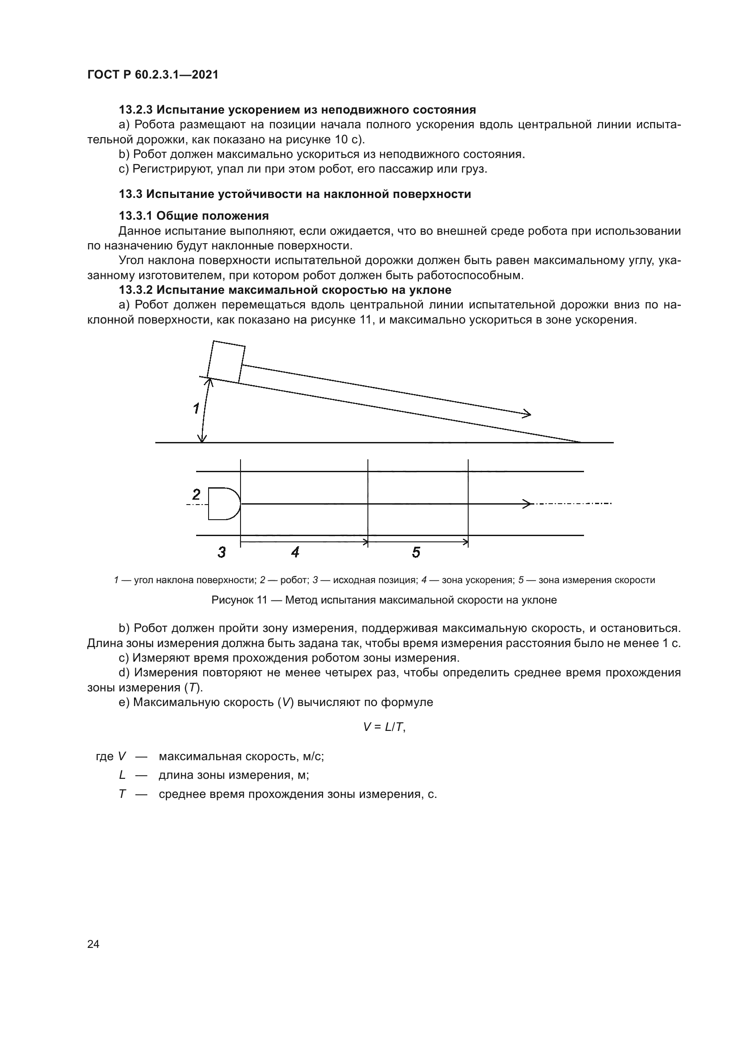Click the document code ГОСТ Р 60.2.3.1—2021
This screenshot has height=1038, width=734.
pyautogui.click(x=153, y=75)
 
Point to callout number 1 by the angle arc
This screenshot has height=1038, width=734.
pyautogui.click(x=196, y=409)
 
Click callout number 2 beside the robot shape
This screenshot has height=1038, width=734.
pyautogui.click(x=196, y=494)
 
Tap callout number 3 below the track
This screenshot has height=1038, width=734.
pyautogui.click(x=221, y=552)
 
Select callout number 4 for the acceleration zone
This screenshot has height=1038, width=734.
pyautogui.click(x=295, y=552)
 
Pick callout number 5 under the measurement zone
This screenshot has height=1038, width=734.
pyautogui.click(x=416, y=552)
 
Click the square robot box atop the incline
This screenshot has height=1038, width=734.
pyautogui.click(x=226, y=362)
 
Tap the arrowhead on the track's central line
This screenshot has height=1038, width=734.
pyautogui.click(x=527, y=504)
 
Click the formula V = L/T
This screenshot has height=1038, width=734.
pyautogui.click(x=384, y=727)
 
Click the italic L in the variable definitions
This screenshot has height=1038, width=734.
pyautogui.click(x=122, y=775)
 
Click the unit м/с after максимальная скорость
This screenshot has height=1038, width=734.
pyautogui.click(x=313, y=756)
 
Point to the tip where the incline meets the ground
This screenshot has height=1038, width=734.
pyautogui.click(x=581, y=442)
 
